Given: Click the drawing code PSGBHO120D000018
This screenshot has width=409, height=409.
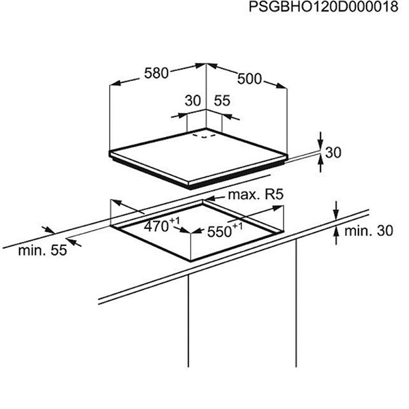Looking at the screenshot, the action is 323,7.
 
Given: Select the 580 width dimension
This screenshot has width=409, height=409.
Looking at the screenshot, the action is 156,73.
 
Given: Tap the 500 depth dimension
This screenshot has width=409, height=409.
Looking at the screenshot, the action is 249,79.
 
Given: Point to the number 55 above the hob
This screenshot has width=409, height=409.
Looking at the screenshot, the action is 222,101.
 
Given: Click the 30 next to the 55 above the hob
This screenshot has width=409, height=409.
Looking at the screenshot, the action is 193,101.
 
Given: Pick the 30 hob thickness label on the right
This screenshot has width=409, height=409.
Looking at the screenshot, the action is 333,153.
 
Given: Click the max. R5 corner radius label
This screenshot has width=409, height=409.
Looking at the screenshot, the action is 256,194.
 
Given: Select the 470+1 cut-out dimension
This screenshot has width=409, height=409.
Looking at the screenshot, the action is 162,225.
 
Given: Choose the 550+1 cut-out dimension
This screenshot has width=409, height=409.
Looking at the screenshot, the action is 224,230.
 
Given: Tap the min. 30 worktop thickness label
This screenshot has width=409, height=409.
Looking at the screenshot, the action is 369,231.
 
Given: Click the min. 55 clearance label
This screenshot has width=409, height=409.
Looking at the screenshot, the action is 42,250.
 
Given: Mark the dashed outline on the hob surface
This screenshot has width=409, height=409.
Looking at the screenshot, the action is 204,136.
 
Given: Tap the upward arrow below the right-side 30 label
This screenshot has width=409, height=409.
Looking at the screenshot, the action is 321,164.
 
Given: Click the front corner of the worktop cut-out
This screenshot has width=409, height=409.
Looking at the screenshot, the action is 191,260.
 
